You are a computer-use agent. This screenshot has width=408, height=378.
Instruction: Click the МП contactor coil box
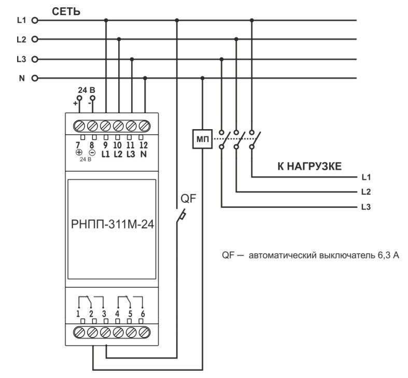pos(202,139)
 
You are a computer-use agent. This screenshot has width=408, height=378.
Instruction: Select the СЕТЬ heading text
pos(66,11)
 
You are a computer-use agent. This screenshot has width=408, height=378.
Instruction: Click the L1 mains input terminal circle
pos(35,21)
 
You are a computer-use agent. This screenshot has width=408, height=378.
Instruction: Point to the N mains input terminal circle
pos(35,79)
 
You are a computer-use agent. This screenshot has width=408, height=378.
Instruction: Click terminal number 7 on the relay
pos(79,145)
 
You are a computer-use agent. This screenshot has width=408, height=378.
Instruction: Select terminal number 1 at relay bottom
pos(79,313)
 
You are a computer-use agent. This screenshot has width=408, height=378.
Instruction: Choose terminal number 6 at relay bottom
pos(143,313)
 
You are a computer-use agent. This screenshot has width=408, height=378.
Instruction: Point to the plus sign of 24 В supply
pos(76,104)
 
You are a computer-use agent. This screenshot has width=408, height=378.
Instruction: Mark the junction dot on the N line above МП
pos(202,79)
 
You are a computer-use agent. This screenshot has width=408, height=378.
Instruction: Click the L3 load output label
pos(365,207)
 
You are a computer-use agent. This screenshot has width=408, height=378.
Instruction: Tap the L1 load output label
pos(365,177)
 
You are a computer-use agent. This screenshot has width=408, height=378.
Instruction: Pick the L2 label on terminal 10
pos(118,153)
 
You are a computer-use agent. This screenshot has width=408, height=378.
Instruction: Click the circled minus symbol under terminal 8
pos(92,153)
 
